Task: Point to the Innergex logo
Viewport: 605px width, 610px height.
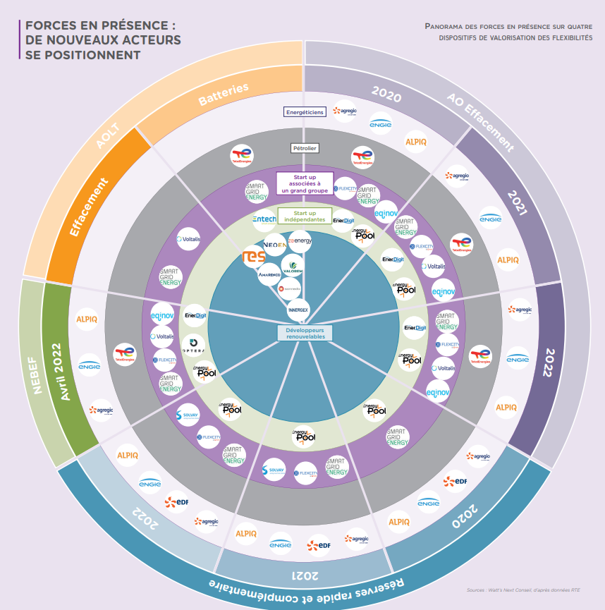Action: [298, 309]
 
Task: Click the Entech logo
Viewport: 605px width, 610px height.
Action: [264, 220]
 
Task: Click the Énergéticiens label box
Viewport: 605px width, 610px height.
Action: [305, 111]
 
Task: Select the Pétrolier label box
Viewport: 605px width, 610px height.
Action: [305, 148]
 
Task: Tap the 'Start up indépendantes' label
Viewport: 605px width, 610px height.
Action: [305, 216]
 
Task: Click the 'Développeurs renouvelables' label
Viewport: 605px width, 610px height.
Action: [305, 333]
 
